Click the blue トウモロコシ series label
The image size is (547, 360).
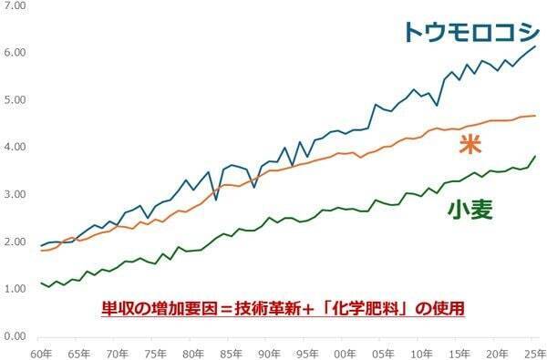click(470, 32)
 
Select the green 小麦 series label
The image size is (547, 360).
click(470, 211)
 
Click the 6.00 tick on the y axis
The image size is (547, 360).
click(15, 53)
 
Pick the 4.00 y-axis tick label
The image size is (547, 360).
click(15, 148)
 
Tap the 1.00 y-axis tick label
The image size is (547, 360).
click(15, 289)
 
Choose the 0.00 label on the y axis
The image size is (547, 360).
click(15, 336)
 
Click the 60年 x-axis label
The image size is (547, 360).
click(41, 353)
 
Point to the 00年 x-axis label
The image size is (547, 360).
click(345, 353)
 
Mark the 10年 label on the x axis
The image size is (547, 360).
click(420, 353)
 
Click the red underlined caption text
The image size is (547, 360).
click(284, 308)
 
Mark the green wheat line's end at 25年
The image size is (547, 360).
click(535, 157)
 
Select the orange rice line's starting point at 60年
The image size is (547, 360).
click(41, 250)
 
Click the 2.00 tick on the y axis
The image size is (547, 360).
click(15, 242)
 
